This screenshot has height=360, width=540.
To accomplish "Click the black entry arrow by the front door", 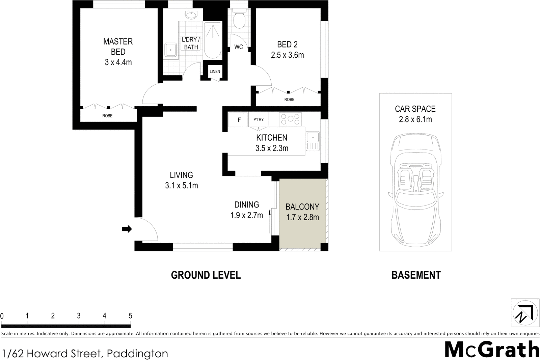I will (x=127, y=229).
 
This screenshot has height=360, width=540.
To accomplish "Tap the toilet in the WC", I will (x=239, y=21).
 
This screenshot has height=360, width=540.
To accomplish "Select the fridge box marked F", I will (x=239, y=120).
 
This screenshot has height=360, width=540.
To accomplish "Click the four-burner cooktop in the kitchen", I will (x=290, y=119).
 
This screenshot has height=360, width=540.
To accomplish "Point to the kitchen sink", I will (x=313, y=141).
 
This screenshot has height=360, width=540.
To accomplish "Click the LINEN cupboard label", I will (x=215, y=72).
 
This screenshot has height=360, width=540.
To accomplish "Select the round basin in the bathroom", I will (x=191, y=16).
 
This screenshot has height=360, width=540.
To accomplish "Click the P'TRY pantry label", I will (x=259, y=119).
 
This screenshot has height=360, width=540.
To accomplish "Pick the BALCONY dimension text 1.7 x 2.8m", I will (x=302, y=217).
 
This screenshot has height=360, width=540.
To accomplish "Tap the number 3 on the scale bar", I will (x=79, y=316).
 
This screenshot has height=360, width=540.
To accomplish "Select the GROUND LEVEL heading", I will (x=206, y=275).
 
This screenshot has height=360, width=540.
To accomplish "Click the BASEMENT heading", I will (x=416, y=275).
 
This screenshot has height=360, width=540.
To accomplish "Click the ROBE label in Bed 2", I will (x=289, y=100).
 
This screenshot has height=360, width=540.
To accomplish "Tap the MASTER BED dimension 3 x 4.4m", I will (x=118, y=62).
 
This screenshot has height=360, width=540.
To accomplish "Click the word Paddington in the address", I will (x=137, y=354).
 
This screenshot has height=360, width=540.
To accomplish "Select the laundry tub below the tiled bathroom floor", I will (x=171, y=51).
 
